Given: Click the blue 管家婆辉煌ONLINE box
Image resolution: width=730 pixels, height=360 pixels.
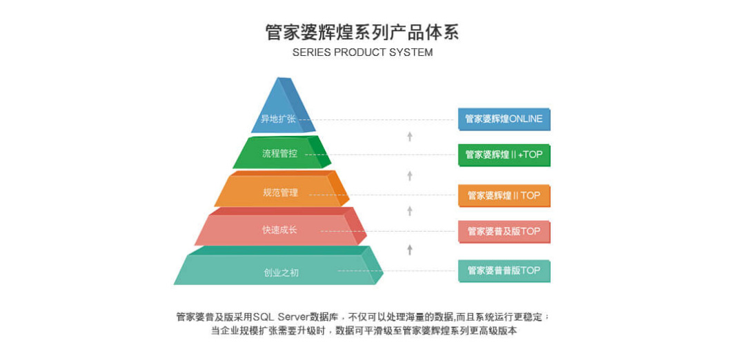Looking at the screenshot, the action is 504,119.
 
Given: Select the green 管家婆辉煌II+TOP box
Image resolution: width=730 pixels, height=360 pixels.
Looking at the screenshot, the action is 504,155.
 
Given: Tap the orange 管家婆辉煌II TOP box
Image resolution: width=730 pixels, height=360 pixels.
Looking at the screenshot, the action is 504,196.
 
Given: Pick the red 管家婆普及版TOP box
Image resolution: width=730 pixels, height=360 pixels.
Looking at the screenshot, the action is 504,231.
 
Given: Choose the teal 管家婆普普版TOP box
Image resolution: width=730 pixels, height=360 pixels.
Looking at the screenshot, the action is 504,271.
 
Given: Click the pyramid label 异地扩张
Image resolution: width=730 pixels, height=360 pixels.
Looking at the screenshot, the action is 278,119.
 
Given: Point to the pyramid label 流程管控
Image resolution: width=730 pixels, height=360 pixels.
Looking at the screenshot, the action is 279,154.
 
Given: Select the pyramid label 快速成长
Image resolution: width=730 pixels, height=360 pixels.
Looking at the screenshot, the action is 279,230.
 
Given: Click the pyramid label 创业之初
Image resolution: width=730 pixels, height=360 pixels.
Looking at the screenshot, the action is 282,272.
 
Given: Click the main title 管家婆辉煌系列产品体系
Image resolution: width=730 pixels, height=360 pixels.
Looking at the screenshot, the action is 362,32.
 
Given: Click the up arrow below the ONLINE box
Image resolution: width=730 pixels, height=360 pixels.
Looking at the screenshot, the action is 410,137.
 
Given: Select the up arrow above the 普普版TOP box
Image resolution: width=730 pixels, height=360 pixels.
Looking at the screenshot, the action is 410,250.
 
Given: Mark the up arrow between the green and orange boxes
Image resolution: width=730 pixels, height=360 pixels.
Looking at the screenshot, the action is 410,176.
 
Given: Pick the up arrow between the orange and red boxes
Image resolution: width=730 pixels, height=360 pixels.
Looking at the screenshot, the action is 410,211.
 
